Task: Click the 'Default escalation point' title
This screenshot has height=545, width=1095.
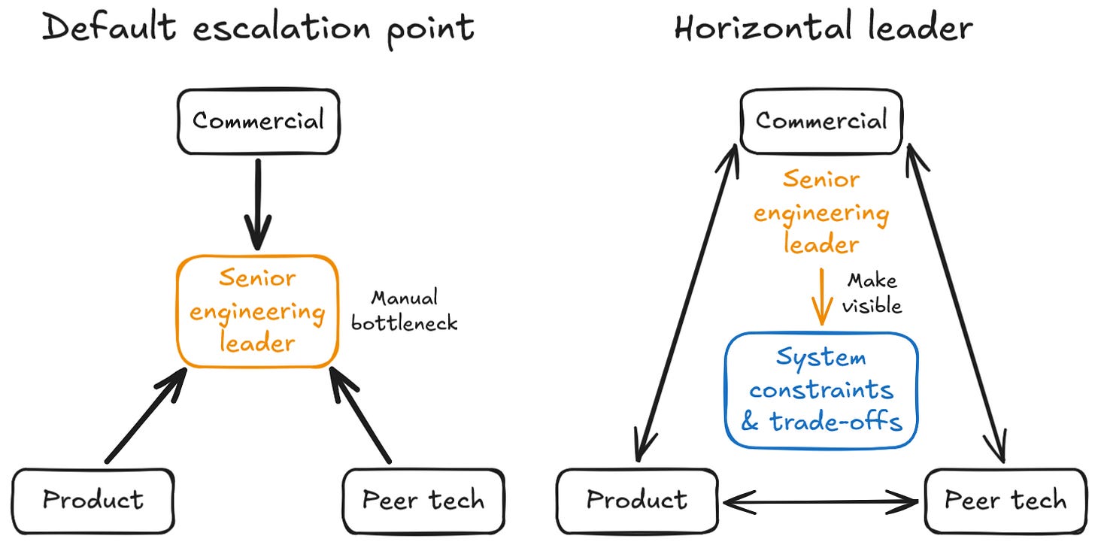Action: point(258,29)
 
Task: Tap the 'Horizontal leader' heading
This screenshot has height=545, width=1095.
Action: point(824,27)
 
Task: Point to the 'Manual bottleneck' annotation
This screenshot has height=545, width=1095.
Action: point(405,310)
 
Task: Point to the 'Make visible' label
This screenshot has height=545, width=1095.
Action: point(872,293)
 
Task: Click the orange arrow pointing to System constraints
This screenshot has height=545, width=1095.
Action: point(822,296)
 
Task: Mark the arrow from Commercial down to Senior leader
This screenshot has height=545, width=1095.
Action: point(258,204)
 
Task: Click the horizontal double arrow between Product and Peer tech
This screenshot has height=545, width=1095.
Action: point(820,502)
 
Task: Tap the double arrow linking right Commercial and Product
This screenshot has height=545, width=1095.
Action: point(687,303)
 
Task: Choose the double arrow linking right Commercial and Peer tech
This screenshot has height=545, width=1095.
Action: point(956,303)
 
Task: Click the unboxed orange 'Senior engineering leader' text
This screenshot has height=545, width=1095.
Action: point(821,212)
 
